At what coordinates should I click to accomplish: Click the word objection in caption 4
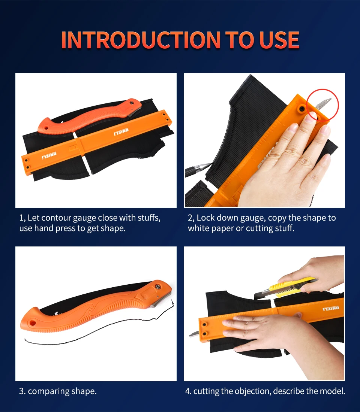253,391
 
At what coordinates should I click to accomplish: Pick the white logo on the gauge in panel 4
331,308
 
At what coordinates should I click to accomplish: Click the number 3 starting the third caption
22,391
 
